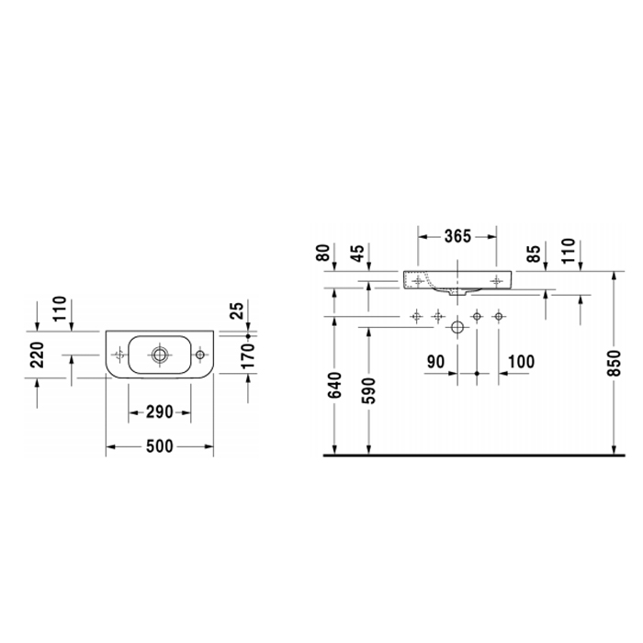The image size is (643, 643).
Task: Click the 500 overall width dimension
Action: tap(160, 446)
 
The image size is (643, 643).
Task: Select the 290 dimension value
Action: tap(160, 412)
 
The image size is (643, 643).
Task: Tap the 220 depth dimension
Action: tap(37, 355)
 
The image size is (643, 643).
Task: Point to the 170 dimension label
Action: tap(248, 356)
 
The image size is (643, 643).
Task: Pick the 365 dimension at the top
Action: tap(458, 236)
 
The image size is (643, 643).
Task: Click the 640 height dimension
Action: tap(335, 386)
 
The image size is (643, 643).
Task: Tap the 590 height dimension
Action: tap(369, 390)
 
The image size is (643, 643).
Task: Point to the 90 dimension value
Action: tap(435, 362)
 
